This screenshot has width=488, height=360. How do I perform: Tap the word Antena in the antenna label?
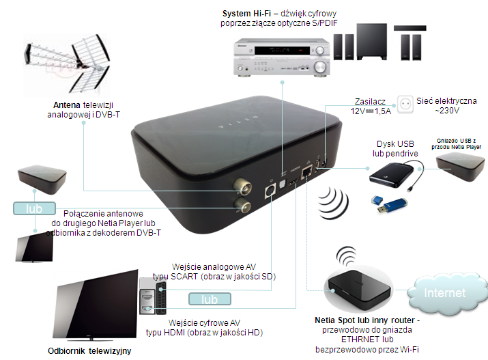point(68,105)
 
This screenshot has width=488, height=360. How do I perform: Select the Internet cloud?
point(445,292)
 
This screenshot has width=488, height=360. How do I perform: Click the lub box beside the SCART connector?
point(208,299)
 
